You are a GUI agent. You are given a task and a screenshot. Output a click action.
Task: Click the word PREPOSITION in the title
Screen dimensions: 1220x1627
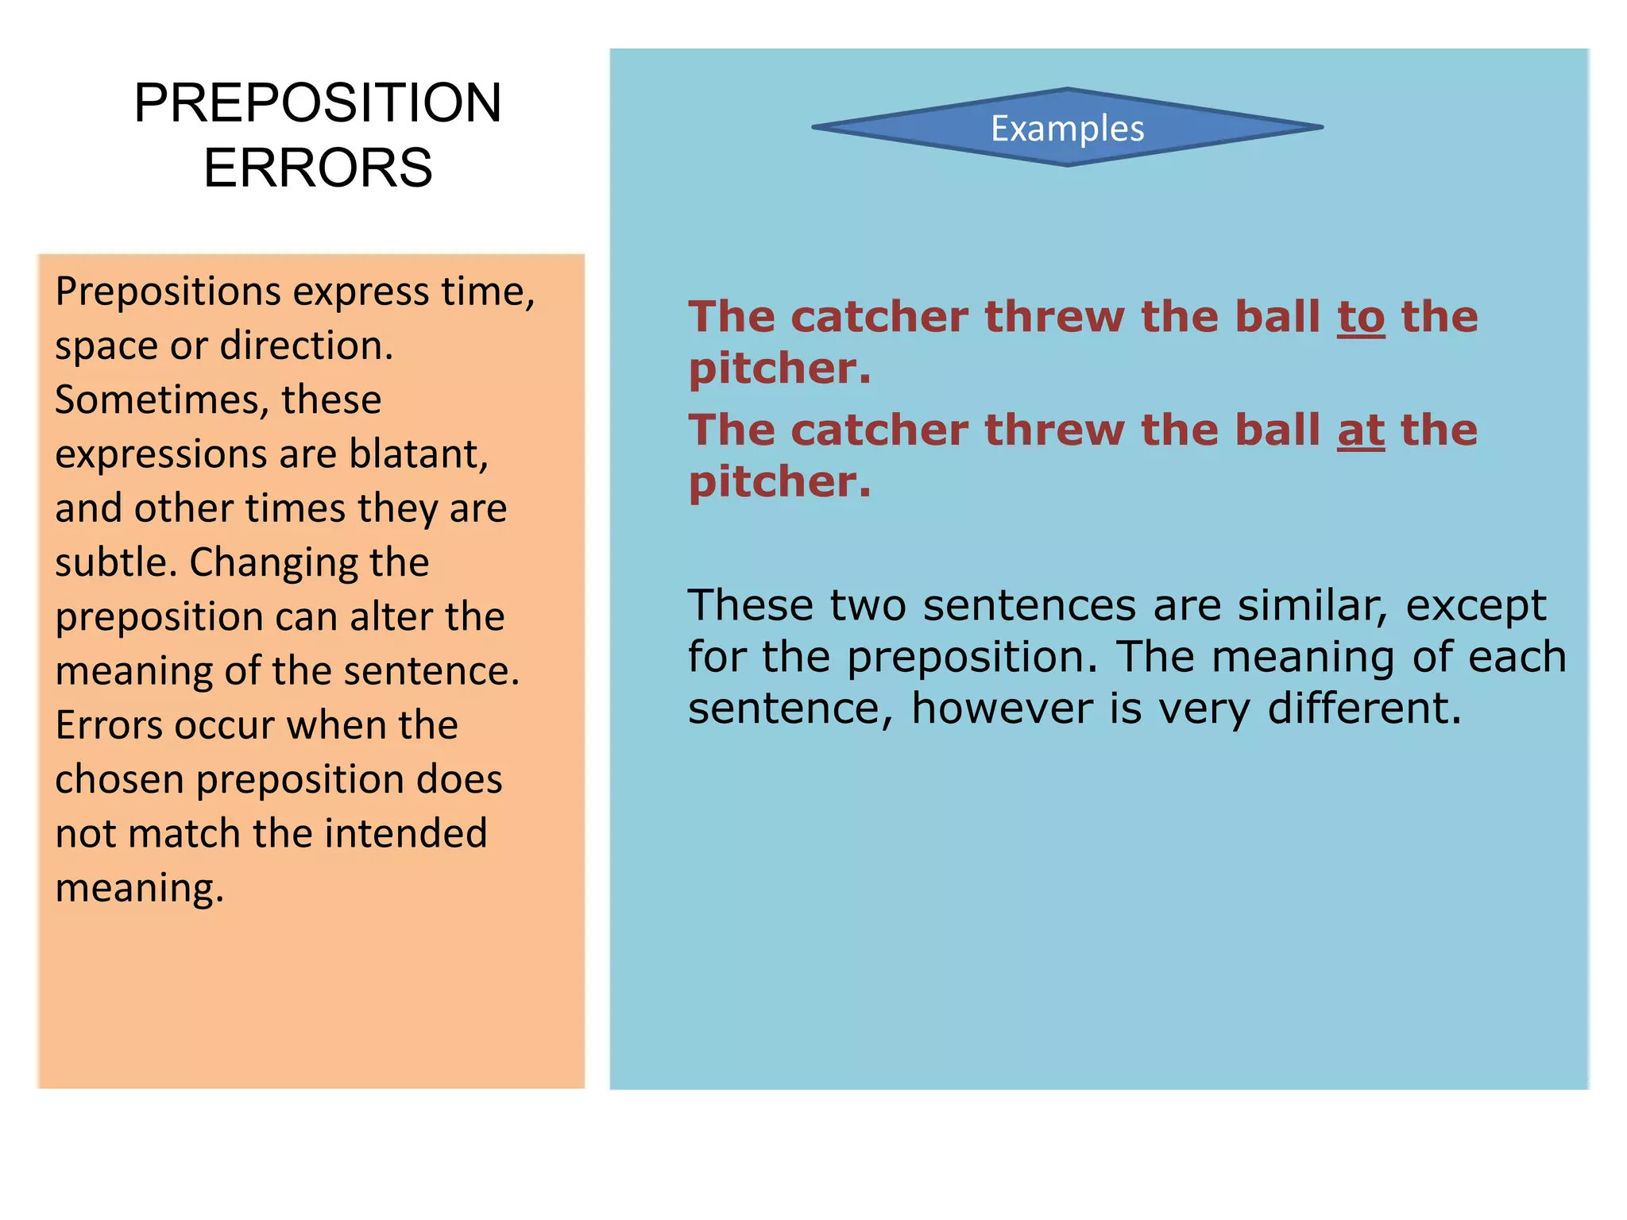pos(317,103)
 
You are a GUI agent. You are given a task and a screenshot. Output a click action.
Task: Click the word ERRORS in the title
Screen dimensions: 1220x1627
pos(317,168)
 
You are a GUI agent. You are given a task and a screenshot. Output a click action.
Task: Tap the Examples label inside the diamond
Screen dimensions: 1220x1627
pos(1067,129)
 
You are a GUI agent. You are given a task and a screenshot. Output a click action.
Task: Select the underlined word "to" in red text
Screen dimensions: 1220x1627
pos(1361,318)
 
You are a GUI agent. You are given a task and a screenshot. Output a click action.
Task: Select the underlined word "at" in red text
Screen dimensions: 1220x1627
pos(1361,431)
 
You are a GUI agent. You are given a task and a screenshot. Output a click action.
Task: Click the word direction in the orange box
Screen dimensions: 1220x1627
pos(306,346)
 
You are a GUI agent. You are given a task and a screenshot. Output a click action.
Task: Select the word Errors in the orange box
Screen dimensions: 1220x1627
pos(108,725)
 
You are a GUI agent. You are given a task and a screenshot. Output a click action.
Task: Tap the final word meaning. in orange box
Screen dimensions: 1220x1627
pos(139,889)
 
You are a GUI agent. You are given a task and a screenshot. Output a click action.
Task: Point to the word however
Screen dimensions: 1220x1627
pos(1001,708)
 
